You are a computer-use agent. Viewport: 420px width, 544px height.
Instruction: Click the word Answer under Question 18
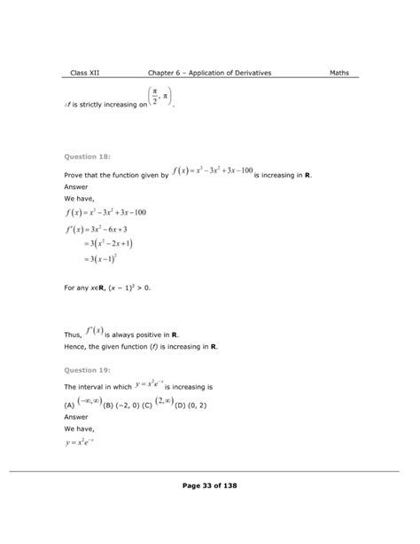[78, 187]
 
